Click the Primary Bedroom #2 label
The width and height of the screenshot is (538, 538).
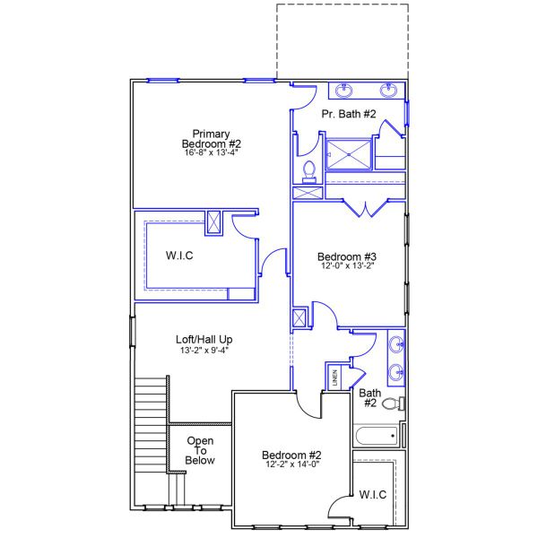[212, 138]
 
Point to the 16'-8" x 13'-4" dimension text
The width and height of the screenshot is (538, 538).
[212, 152]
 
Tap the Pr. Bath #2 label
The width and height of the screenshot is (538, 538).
[349, 114]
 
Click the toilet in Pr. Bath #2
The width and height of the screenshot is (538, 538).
[308, 169]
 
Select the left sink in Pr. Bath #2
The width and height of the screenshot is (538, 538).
[344, 89]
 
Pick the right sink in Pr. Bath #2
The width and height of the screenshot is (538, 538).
[389, 89]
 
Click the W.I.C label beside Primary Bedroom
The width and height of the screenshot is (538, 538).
[179, 256]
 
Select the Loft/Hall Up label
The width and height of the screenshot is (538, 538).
[204, 339]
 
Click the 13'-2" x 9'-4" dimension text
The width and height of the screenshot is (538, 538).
[204, 351]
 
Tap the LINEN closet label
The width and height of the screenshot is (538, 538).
[335, 377]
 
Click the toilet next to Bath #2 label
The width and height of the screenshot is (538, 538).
[392, 404]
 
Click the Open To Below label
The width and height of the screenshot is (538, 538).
[200, 450]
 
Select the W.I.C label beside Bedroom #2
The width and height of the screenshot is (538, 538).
[373, 494]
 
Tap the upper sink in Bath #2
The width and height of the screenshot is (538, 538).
[396, 343]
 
